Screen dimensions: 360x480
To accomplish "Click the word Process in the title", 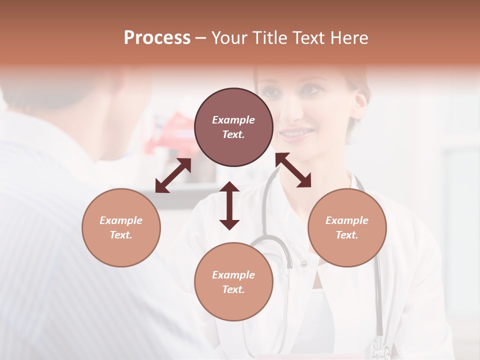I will [157, 38].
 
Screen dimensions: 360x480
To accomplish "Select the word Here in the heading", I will [349, 38].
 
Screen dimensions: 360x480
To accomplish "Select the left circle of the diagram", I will [121, 227].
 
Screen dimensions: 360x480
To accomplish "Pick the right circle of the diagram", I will [347, 227].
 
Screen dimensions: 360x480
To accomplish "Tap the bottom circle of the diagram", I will [233, 281].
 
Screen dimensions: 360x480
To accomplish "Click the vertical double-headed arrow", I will [229, 205].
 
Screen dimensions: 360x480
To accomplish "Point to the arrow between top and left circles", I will [173, 175].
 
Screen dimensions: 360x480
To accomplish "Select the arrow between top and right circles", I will [293, 170].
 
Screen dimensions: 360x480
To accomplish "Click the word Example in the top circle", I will [233, 120].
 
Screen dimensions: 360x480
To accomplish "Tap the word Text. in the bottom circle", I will [233, 289].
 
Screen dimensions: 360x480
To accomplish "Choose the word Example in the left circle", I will [121, 220].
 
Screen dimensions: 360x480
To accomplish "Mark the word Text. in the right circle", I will [347, 235].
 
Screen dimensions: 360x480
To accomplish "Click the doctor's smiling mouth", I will [297, 133].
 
